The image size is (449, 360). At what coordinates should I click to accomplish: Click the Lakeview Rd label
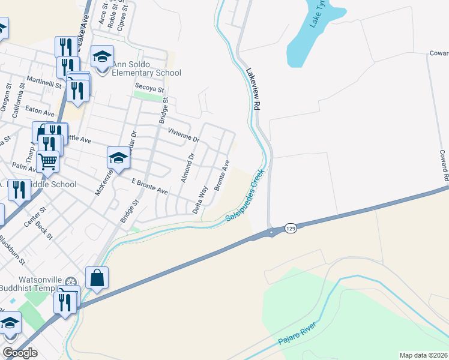click(x=254, y=88)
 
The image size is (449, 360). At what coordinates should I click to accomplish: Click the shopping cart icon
click(x=47, y=161)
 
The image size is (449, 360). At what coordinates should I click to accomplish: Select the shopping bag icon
click(x=97, y=278)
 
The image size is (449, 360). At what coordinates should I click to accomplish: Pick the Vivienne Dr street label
click(x=183, y=135)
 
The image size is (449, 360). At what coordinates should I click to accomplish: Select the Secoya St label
click(x=149, y=88)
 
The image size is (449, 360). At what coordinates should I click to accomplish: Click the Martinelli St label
click(x=44, y=82)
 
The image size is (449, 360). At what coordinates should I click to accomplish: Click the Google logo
click(x=20, y=353)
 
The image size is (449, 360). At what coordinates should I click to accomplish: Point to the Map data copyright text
click(x=423, y=355)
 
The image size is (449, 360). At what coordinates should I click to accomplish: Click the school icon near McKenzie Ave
click(x=118, y=158)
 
